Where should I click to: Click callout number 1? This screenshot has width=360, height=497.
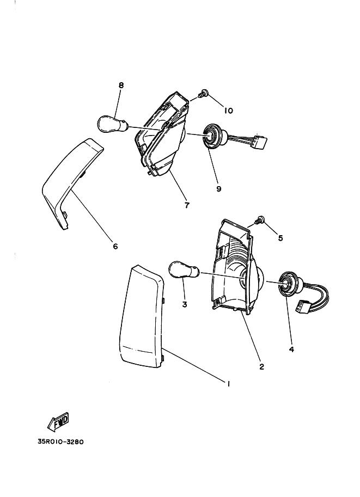229,384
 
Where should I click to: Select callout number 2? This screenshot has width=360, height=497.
262,366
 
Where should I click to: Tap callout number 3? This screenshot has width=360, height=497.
185,304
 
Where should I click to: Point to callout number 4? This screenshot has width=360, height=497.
291,349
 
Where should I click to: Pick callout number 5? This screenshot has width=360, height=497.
280,237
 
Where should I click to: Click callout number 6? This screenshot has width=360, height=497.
115,246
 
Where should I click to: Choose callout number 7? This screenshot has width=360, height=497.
186,205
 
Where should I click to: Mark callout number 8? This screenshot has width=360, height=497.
121,85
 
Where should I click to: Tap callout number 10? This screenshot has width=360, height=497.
228,111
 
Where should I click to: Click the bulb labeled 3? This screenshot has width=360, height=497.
182,270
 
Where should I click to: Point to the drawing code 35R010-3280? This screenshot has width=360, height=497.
60,442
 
